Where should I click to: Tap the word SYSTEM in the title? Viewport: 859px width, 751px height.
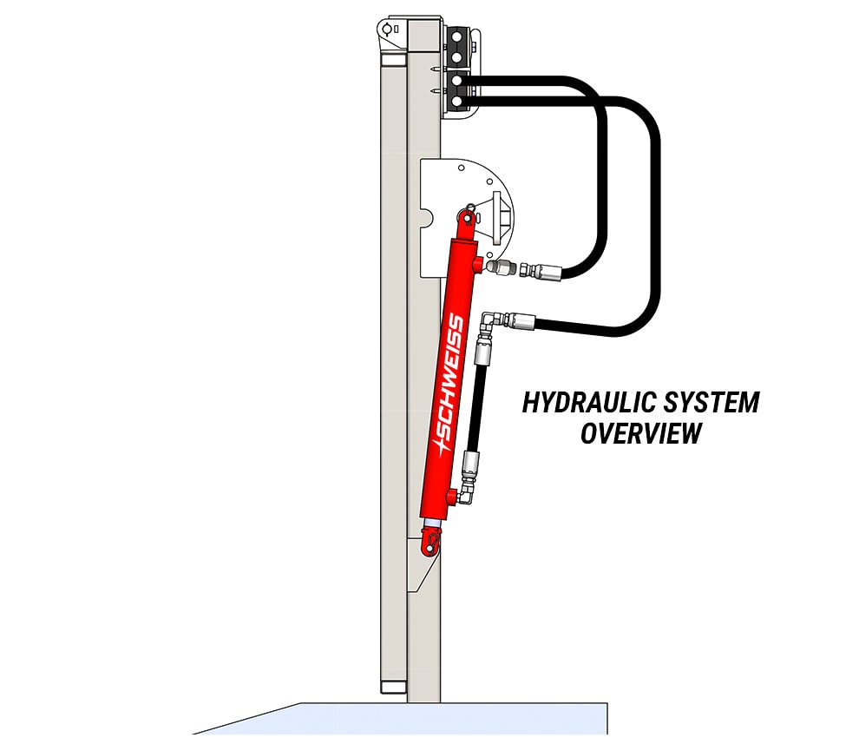click(711, 403)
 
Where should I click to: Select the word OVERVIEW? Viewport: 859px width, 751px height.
click(641, 432)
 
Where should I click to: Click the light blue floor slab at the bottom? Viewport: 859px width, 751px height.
click(434, 725)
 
